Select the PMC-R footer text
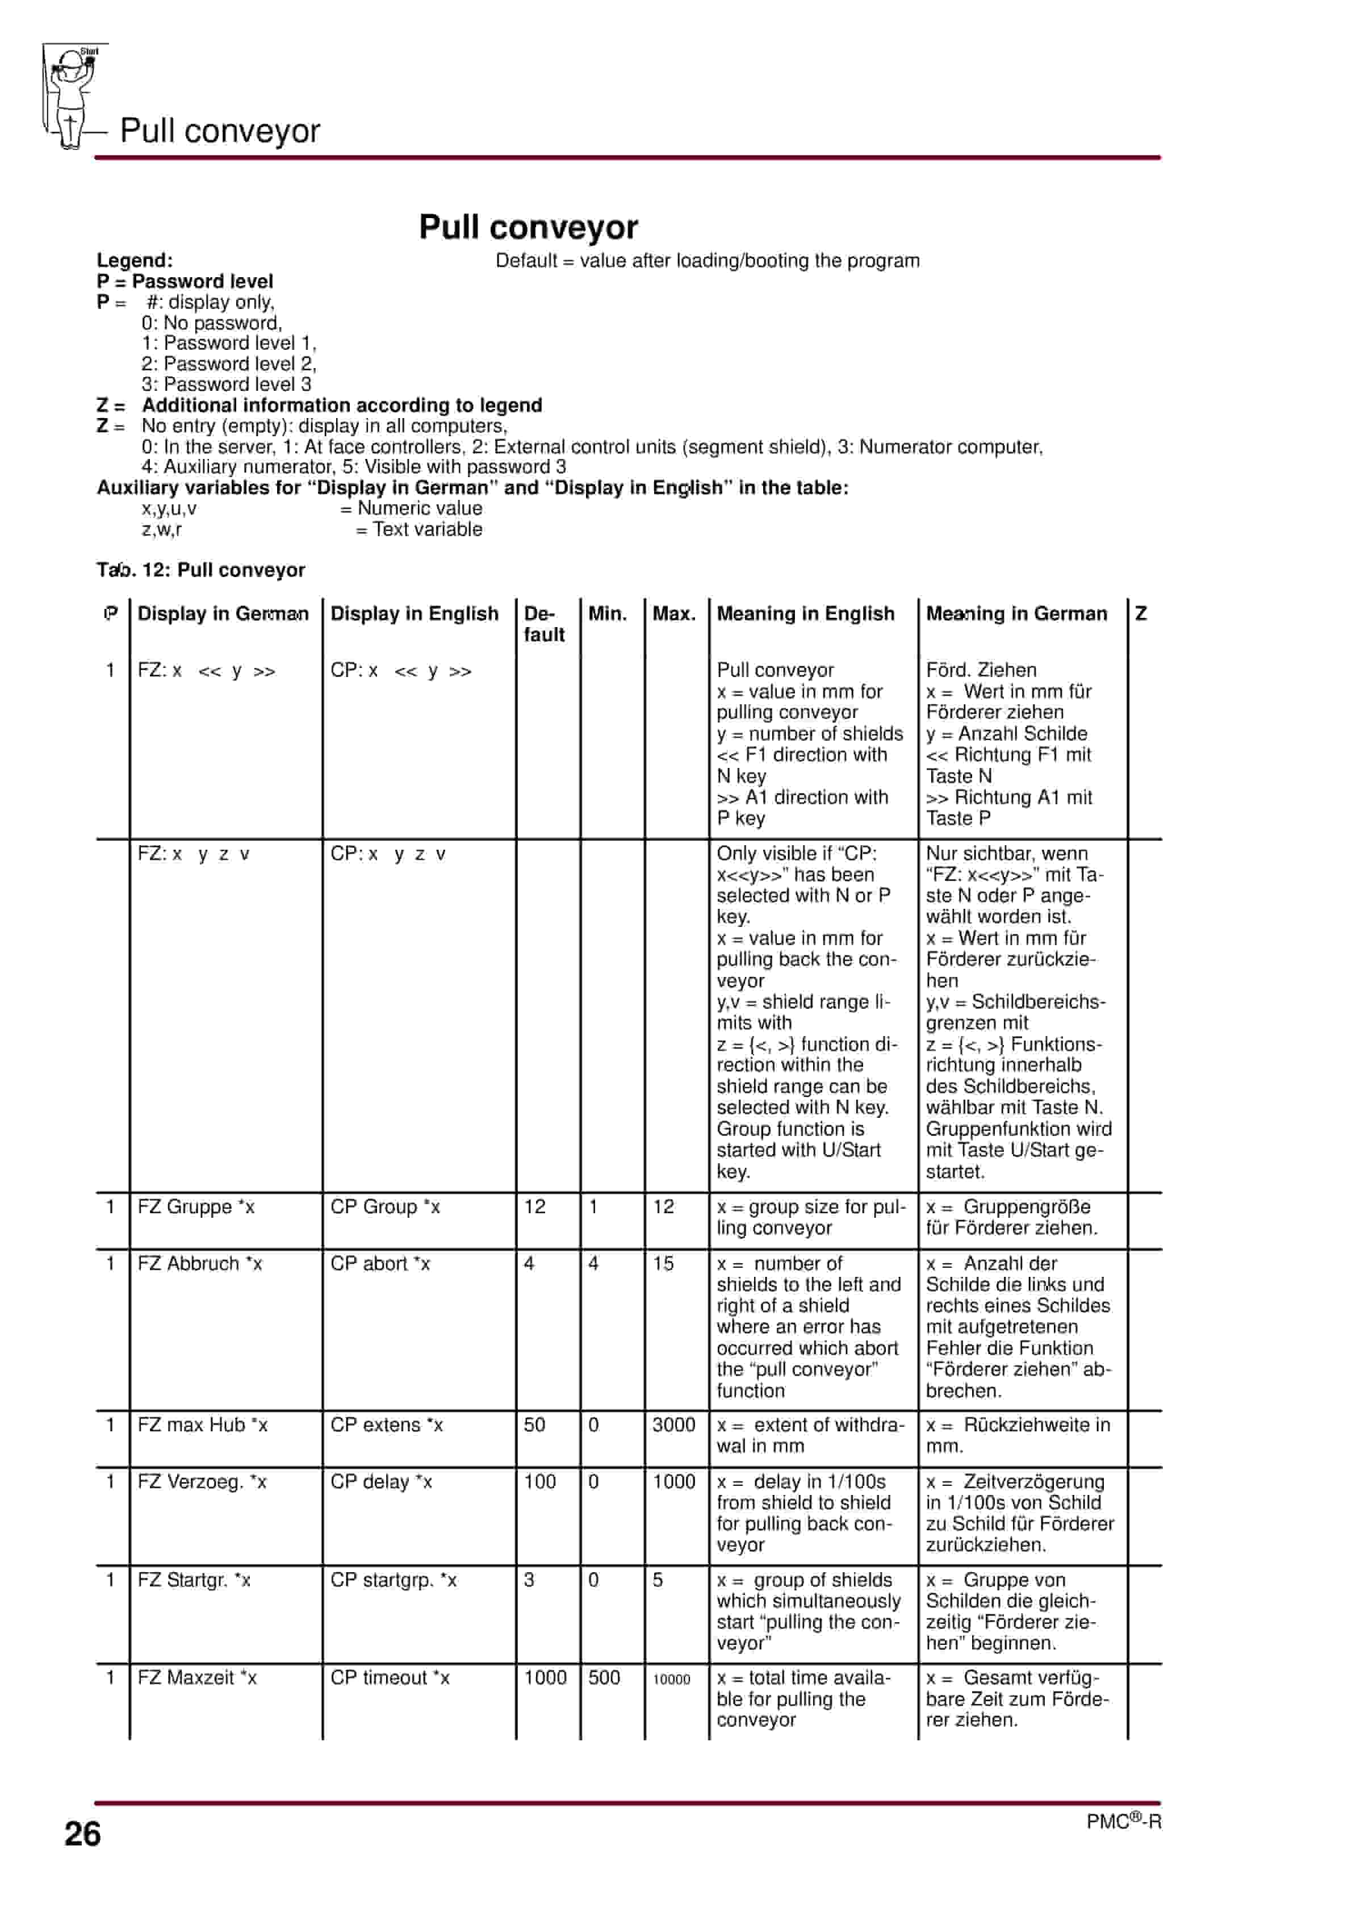(x=1123, y=1822)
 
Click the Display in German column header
(x=223, y=613)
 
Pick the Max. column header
(x=673, y=613)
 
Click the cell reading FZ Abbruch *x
(x=199, y=1263)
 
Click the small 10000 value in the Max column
(x=671, y=1679)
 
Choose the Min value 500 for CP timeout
(x=604, y=1677)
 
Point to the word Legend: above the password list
(x=134, y=260)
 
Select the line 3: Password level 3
(x=226, y=384)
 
